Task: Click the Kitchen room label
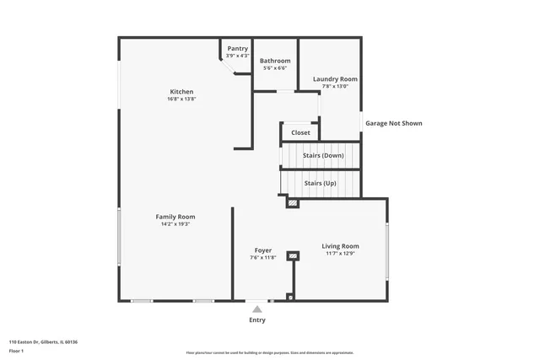pos(181,92)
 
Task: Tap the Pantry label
pos(237,49)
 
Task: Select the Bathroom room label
pos(275,61)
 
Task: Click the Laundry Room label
pos(335,79)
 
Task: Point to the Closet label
pos(300,132)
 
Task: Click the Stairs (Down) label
pos(323,155)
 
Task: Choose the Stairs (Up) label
pos(320,183)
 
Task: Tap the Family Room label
pos(175,217)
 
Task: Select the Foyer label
pos(263,250)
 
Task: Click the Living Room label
pos(340,246)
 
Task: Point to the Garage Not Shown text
pos(393,123)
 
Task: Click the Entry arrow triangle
pos(257,309)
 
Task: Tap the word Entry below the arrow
pos(257,320)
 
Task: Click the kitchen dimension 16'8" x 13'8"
pos(181,99)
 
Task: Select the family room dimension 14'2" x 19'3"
pos(175,224)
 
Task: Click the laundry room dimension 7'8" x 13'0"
pos(335,87)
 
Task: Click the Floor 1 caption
pos(16,351)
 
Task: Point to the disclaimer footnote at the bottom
pos(270,352)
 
